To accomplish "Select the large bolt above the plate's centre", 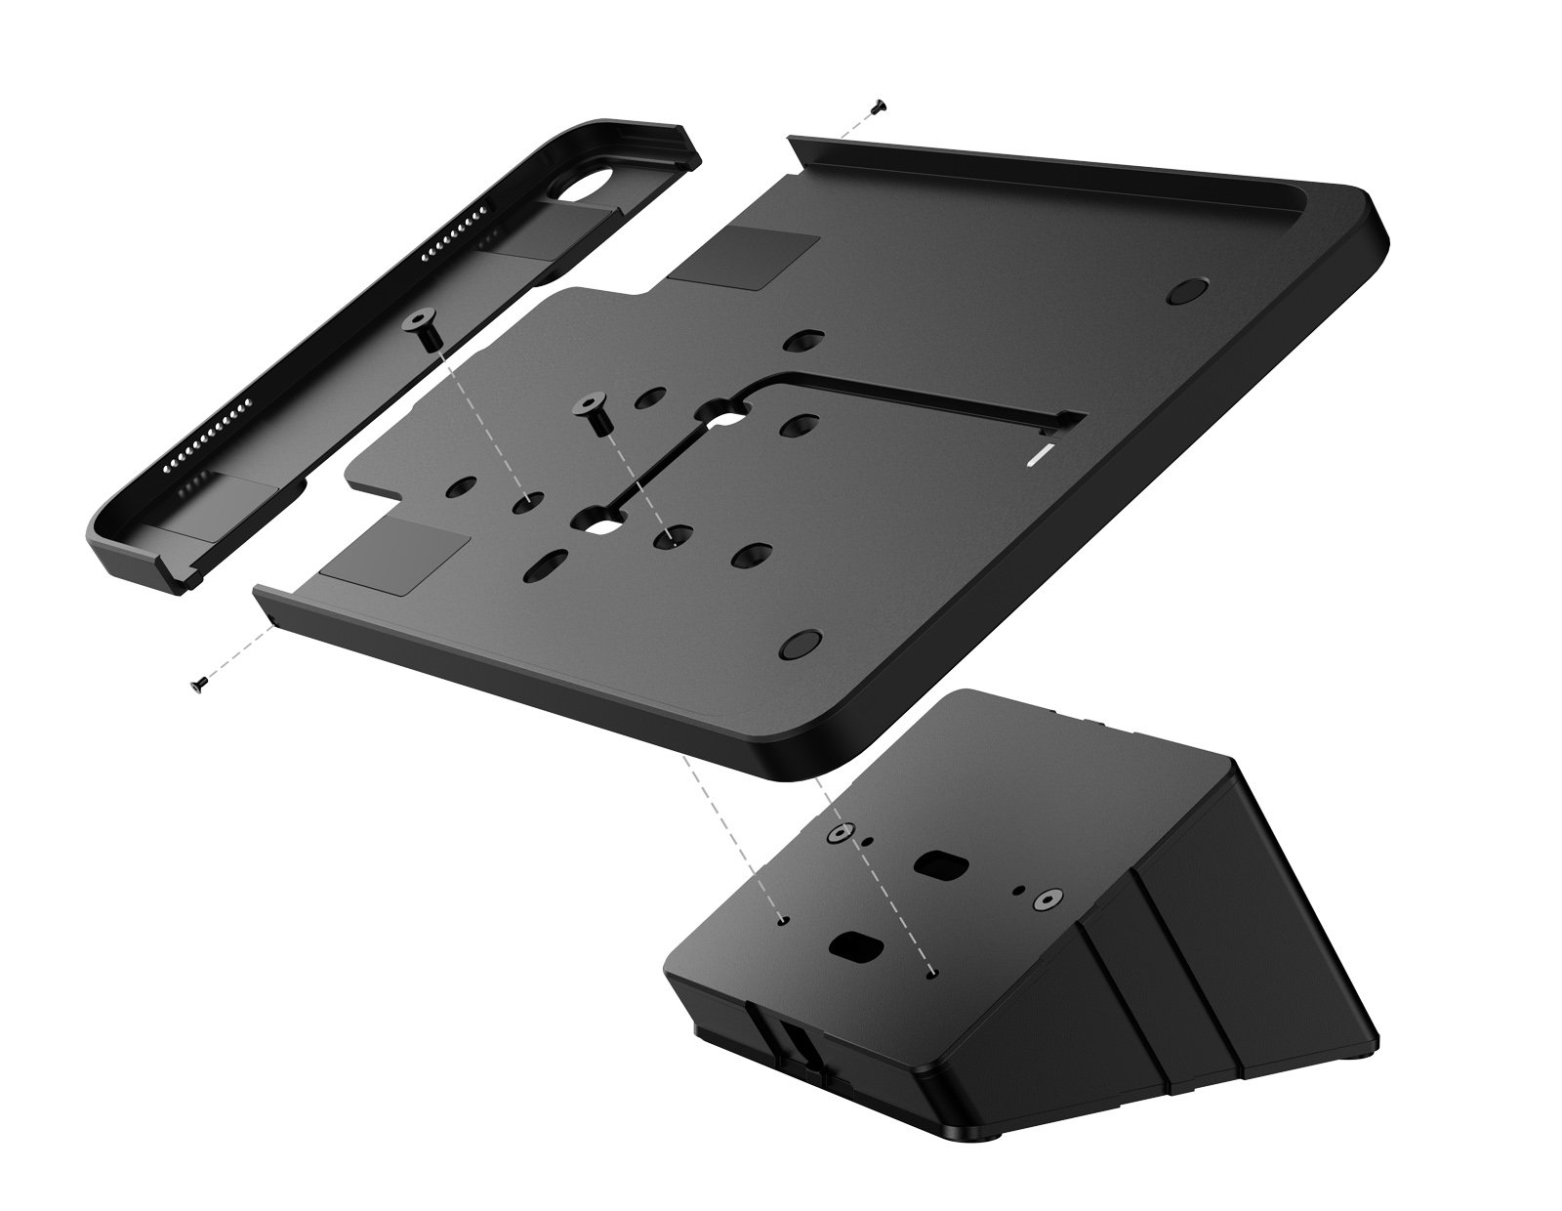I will pos(593,408).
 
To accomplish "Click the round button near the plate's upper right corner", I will pos(1187,291).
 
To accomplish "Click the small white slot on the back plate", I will pos(1042,454).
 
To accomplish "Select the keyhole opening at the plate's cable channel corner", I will pos(726,414).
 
